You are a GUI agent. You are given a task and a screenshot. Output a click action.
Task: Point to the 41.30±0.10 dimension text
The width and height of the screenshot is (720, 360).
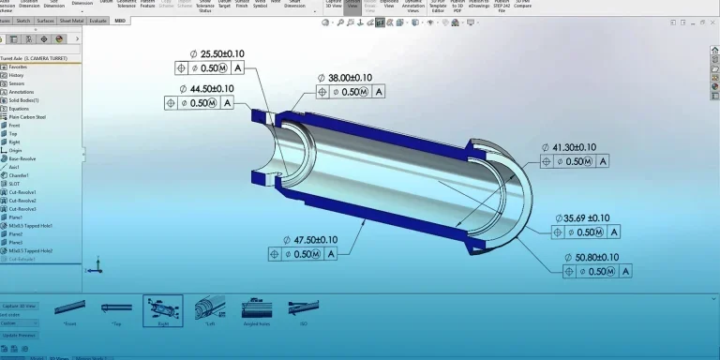pyautogui.click(x=576, y=147)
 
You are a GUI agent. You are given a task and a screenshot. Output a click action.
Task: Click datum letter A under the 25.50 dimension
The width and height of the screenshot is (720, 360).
pyautogui.click(x=237, y=68)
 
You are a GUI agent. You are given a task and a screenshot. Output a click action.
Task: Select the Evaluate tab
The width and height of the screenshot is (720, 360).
pyautogui.click(x=97, y=20)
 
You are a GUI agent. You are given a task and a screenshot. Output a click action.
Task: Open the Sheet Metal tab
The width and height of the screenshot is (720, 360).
pyautogui.click(x=71, y=20)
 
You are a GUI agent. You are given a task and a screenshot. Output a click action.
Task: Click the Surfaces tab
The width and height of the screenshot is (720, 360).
pyautogui.click(x=45, y=20)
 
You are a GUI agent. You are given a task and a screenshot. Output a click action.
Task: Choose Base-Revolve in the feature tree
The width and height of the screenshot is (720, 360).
pyautogui.click(x=22, y=158)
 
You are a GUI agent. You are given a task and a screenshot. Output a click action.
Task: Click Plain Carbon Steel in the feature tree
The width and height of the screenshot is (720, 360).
pyautogui.click(x=27, y=117)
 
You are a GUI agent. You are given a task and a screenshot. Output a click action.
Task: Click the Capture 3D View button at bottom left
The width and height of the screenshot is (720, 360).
pyautogui.click(x=19, y=305)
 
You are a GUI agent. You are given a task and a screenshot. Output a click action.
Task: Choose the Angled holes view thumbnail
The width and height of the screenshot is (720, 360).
pyautogui.click(x=257, y=308)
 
